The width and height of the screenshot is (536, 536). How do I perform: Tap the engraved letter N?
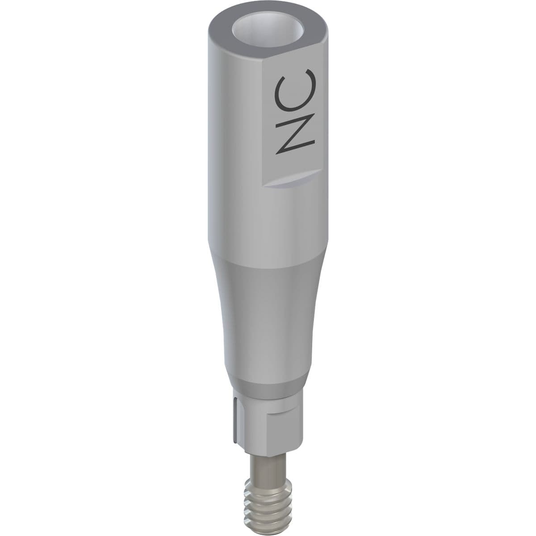click(295, 134)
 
